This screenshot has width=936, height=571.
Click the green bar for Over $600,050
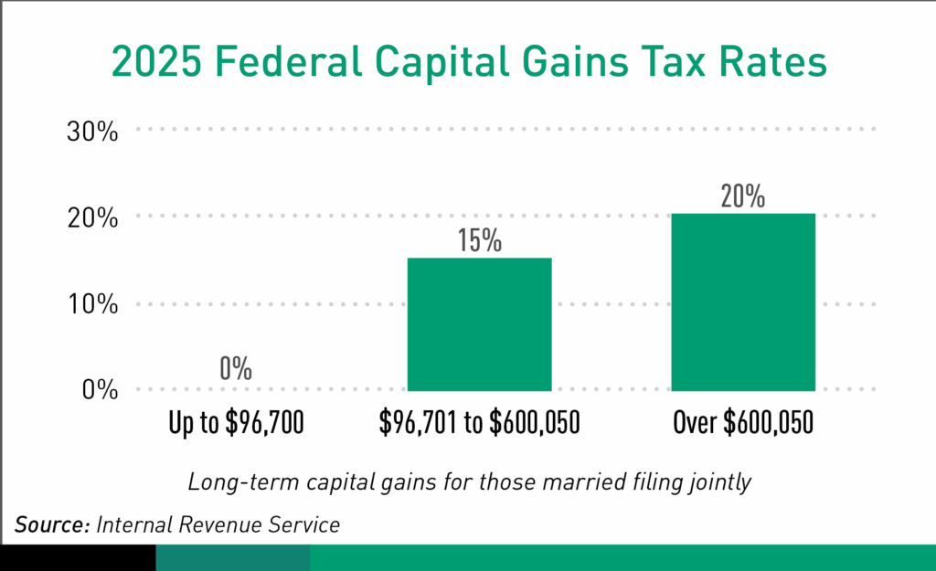[x=742, y=301]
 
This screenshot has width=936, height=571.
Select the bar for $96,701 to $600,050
[x=479, y=324]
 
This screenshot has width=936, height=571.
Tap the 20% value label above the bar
[x=742, y=196]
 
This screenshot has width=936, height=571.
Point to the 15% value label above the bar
[x=479, y=241]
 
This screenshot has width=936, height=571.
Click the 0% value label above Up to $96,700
[x=235, y=369]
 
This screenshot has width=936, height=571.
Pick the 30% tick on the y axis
[x=93, y=132]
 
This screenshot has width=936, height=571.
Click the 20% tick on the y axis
[x=93, y=217]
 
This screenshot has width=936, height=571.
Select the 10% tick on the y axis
[x=93, y=304]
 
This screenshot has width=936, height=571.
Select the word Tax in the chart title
[x=670, y=64]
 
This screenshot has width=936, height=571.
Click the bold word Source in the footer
[x=51, y=525]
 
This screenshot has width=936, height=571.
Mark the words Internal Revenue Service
[x=218, y=525]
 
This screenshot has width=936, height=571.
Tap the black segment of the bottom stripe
[x=78, y=557]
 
